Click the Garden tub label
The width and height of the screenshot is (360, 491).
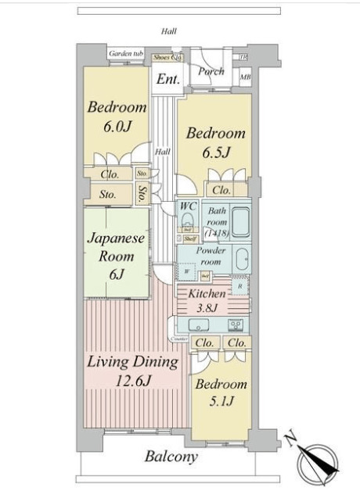coord(125,53)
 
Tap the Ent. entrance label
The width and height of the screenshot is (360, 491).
coord(168,79)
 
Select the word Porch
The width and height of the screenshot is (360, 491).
coord(211,71)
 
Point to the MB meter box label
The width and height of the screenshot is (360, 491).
coord(245,77)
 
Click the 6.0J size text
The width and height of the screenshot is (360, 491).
coord(117,126)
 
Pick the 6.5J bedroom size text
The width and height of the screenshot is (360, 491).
coord(215,152)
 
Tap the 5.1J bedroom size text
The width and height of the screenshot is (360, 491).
coord(221,402)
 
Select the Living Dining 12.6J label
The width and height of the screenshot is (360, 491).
coord(132,372)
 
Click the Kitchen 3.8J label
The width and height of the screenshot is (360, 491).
coord(207,300)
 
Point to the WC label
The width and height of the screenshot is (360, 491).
coord(188,206)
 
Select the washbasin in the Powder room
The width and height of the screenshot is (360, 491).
coord(242,257)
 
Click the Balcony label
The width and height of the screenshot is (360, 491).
coord(171,457)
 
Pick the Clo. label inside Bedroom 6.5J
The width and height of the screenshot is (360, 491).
coord(221,189)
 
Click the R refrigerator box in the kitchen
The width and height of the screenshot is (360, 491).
coord(239,286)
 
